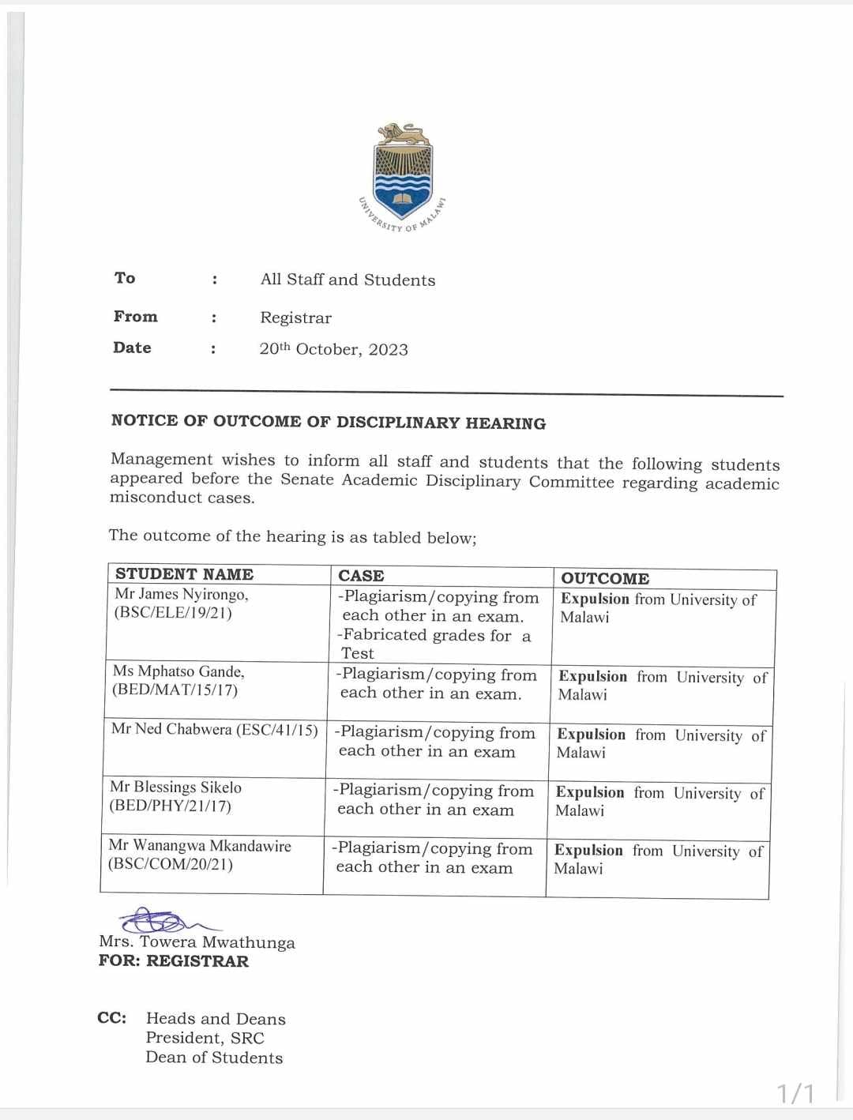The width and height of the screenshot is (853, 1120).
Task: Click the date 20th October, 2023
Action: [x=333, y=349]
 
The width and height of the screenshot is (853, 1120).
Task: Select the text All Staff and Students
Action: [x=348, y=280]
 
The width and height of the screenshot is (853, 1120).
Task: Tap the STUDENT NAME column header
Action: [x=184, y=574]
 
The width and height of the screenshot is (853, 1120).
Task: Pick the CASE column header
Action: [x=361, y=576]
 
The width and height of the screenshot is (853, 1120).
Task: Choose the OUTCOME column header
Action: [x=604, y=578]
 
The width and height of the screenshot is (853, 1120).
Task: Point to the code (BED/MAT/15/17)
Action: [x=175, y=690]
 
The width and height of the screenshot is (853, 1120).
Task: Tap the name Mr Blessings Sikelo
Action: [x=176, y=787]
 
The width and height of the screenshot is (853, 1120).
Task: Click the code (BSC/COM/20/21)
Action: [x=171, y=864]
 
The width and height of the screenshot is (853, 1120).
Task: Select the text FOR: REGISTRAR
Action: [x=174, y=961]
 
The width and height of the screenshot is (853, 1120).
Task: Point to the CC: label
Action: [x=112, y=1018]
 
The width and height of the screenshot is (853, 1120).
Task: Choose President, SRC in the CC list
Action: [x=205, y=1038]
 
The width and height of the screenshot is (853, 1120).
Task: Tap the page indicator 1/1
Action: [x=795, y=1093]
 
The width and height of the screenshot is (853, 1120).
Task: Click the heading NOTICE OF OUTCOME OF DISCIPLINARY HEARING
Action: [x=328, y=422]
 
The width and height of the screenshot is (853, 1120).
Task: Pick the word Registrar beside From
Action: [x=296, y=318]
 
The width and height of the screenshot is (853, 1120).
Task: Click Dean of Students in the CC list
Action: [x=214, y=1058]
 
